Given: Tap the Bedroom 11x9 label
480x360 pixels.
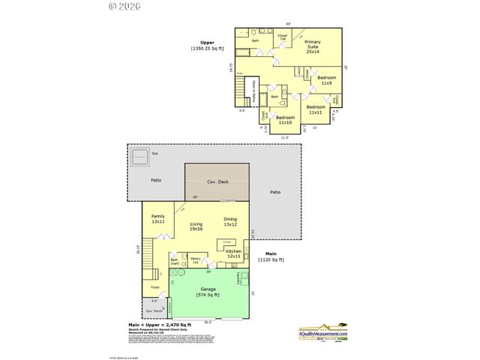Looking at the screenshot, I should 325,80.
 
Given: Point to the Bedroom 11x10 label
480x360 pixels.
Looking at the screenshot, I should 286,120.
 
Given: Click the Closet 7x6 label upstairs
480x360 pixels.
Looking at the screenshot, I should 283,37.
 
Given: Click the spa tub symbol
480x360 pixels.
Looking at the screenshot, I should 139,158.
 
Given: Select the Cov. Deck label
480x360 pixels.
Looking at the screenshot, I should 218,181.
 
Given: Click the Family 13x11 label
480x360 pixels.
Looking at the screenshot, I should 157,219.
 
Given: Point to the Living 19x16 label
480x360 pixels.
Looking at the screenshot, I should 196,226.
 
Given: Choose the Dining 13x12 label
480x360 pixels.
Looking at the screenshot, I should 229,222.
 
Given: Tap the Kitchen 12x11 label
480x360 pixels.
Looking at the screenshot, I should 234,253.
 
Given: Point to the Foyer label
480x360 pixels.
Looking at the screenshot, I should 155,286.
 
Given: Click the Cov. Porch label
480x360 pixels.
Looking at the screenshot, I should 154,310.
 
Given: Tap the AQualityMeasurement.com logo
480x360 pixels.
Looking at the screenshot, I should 323,331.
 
